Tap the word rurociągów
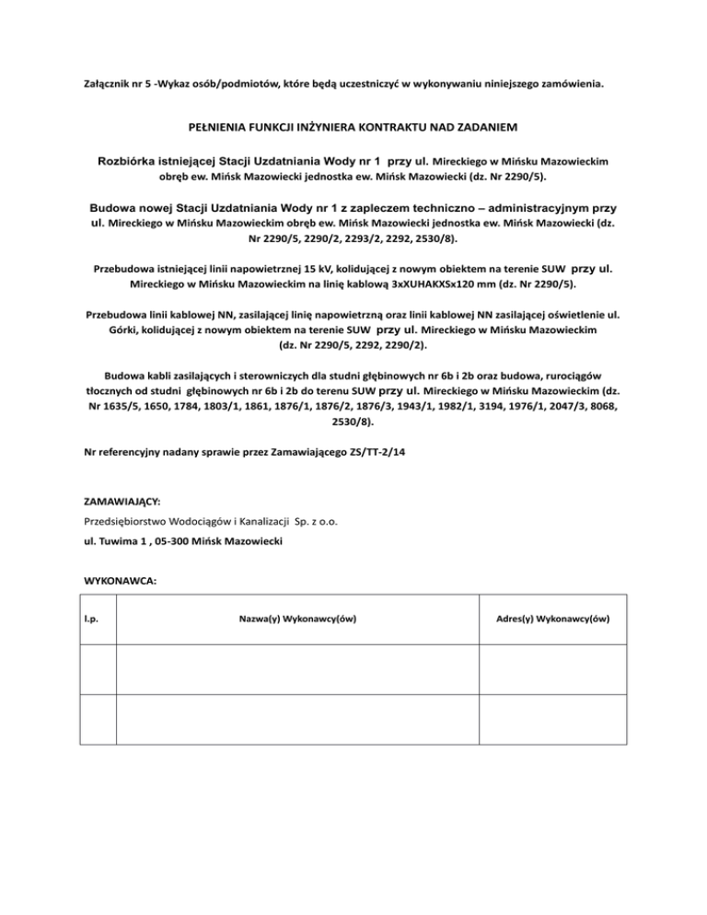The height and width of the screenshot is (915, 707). click(x=571, y=376)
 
